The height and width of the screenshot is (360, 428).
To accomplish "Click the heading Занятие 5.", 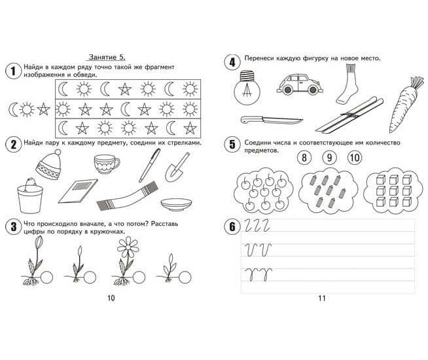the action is click(x=107, y=58).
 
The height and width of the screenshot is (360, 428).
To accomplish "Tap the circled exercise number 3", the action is click(x=13, y=226).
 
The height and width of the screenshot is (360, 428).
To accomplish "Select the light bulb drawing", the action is click(x=247, y=88).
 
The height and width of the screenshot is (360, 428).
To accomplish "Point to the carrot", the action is click(x=405, y=105).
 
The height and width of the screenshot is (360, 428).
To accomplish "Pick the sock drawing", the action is click(x=348, y=84).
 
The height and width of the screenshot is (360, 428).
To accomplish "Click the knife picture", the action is click(x=272, y=120).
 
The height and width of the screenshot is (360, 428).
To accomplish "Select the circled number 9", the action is click(x=329, y=158).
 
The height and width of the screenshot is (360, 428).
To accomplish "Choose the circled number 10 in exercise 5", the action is click(x=355, y=158).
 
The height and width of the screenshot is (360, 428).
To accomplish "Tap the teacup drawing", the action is click(x=106, y=164).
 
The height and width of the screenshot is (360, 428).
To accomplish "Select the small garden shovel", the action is click(x=177, y=168).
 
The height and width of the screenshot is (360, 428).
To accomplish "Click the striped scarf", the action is click(x=127, y=196).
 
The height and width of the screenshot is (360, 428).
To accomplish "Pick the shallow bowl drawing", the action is click(x=176, y=204).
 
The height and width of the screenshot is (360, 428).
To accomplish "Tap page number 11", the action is click(x=322, y=298).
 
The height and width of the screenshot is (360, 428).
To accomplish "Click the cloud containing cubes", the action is click(x=393, y=190).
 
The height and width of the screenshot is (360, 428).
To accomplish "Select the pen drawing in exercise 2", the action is click(x=149, y=166).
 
